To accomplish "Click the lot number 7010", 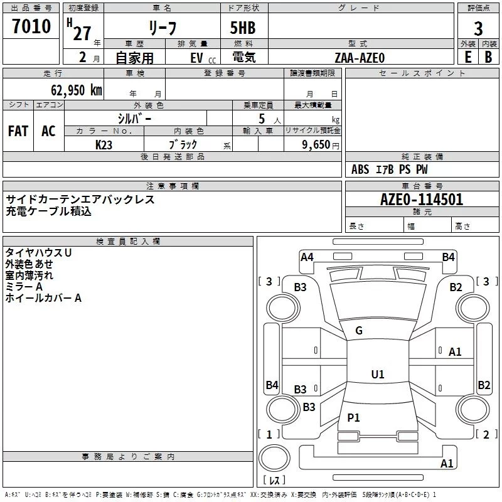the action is coord(31,26).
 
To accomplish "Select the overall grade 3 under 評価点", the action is coord(478,28).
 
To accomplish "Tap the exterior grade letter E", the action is coord(467,57).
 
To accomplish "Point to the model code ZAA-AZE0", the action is coord(360,58).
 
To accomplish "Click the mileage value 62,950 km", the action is coord(77,90).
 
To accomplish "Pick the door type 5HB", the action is coord(243,28).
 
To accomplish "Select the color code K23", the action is coord(104,145).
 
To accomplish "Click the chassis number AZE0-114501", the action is coord(421,200).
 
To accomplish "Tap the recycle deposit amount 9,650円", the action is coord(321,145).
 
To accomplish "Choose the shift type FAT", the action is coord(18,131).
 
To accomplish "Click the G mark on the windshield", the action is coord(359,331).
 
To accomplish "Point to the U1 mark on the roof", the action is coord(378,374).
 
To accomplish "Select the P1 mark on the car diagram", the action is coord(353,417).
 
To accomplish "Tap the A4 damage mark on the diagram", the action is coord(307,257).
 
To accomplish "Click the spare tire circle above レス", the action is coord(274,458).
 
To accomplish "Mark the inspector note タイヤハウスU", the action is coord(38,253).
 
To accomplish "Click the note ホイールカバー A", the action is coord(43,298).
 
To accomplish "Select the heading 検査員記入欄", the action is coord(128,242).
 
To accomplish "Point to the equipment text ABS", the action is coord(360,169).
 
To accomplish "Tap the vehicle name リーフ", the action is coord(163,28).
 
